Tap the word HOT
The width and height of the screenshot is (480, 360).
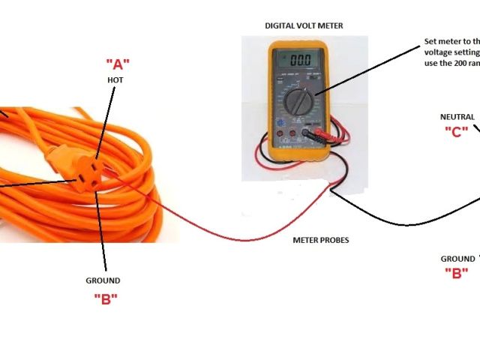(115, 79)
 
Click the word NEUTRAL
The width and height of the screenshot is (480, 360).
(457, 116)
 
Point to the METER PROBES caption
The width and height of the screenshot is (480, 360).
(320, 240)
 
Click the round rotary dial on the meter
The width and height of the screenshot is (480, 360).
(300, 100)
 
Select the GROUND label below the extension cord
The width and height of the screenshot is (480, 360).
(103, 280)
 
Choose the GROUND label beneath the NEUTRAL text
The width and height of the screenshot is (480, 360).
(457, 259)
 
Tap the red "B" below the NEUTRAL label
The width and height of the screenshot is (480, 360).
(456, 273)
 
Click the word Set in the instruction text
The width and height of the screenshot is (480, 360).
(430, 42)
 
